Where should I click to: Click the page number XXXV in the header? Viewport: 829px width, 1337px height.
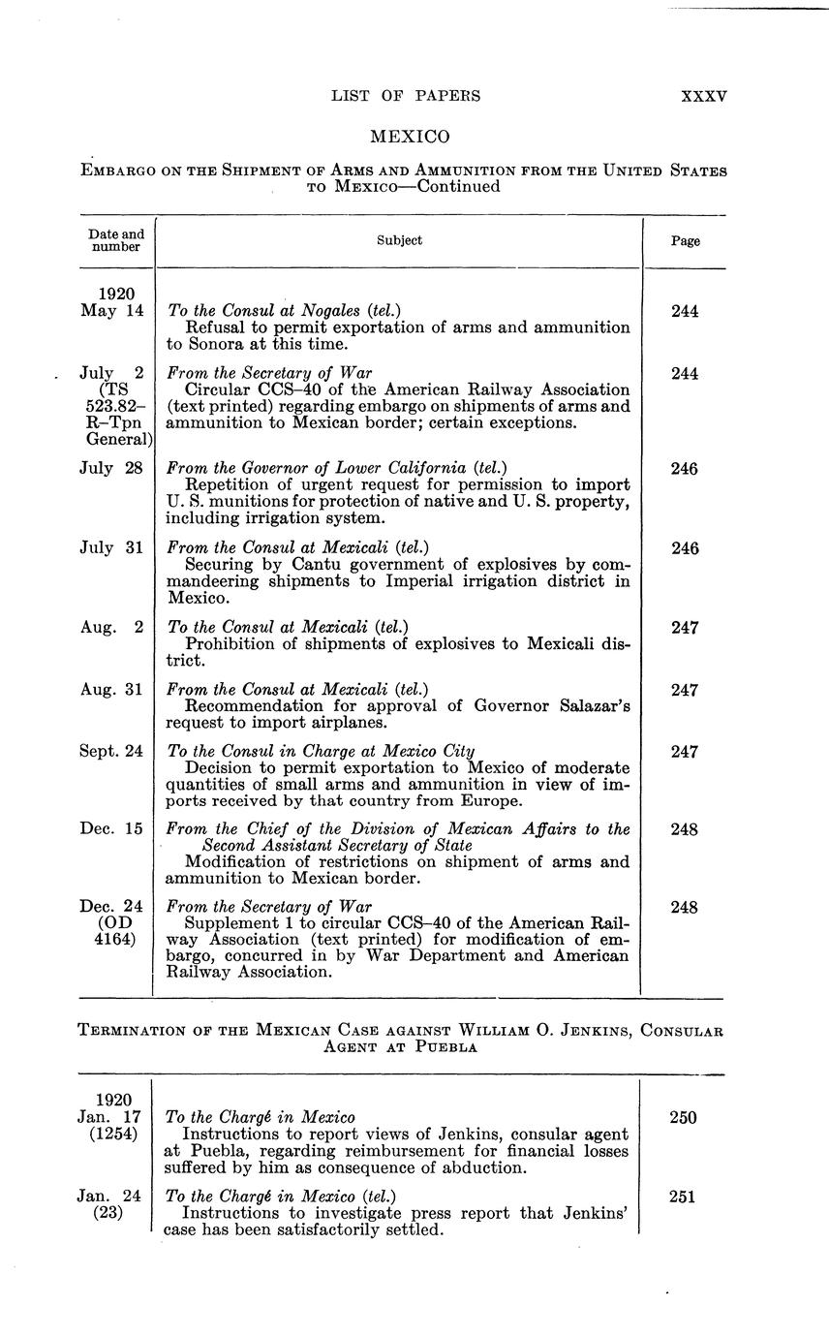tap(704, 96)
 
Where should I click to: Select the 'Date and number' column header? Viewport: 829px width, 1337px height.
tap(116, 240)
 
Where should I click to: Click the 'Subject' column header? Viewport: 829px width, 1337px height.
tap(399, 240)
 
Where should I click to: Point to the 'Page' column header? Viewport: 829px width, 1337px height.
tap(685, 241)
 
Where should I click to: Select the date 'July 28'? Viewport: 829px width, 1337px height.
tap(111, 469)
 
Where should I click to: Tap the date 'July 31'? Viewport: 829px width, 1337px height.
tap(111, 548)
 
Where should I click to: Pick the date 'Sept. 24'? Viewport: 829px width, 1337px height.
tap(111, 751)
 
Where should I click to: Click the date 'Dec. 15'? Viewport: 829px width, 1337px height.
tap(111, 829)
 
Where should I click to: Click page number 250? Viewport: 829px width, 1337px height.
tap(685, 1117)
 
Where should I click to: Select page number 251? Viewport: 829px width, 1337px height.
tap(685, 1197)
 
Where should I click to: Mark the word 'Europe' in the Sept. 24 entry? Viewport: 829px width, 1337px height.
tap(495, 801)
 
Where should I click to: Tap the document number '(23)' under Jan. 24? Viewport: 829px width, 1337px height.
tap(108, 1213)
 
